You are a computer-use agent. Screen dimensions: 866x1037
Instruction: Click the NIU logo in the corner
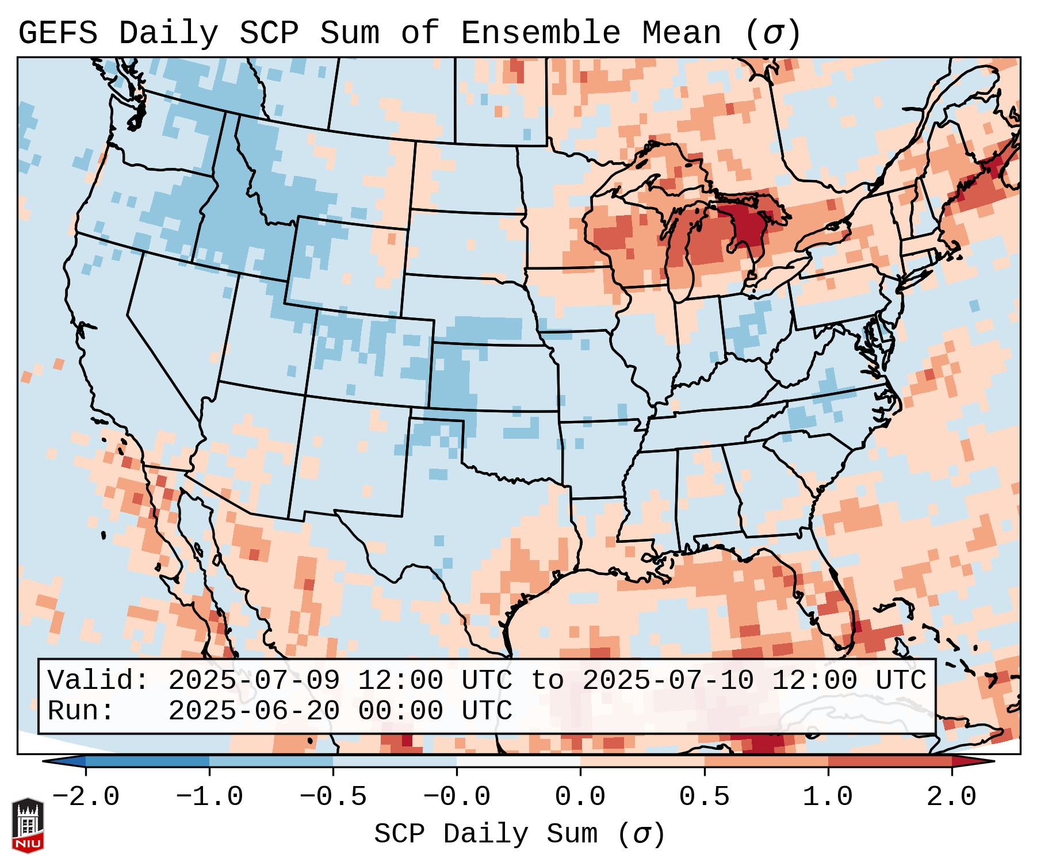click(28, 825)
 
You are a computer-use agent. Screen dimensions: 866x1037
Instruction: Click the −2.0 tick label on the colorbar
click(86, 797)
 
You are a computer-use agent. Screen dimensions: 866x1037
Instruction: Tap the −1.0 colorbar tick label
click(209, 797)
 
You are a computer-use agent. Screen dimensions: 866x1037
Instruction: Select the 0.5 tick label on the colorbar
click(705, 797)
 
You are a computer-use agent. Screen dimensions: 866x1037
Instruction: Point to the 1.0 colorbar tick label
click(828, 797)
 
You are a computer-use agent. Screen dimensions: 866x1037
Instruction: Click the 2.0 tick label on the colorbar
click(952, 797)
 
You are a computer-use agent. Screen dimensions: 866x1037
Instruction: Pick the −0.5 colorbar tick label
click(333, 797)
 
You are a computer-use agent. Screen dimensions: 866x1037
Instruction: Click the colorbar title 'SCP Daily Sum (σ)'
click(519, 834)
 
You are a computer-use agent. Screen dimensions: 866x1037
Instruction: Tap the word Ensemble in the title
click(541, 33)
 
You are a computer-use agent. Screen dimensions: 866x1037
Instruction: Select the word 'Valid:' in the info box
click(98, 680)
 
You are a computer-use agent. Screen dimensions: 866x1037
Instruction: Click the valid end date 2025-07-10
click(668, 680)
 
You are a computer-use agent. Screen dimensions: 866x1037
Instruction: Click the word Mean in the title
click(682, 33)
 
